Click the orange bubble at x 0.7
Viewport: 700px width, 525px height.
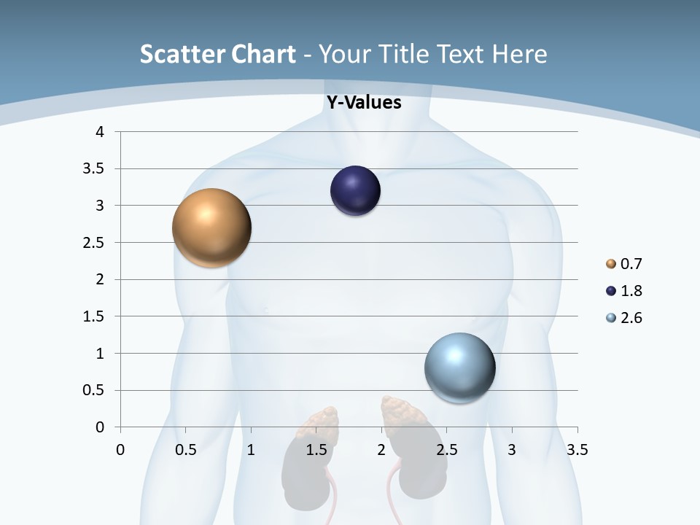pos(212,227)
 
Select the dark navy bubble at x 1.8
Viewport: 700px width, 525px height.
pos(355,191)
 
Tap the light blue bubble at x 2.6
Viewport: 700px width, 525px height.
pos(459,367)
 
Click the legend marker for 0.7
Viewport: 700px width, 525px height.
pos(611,264)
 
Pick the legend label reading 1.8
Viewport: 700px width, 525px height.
pos(631,291)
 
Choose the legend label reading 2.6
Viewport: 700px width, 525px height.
pos(631,318)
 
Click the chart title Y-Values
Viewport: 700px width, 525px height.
pos(364,103)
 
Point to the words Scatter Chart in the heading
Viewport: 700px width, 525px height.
pos(218,54)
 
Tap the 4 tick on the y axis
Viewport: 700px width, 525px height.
pos(100,132)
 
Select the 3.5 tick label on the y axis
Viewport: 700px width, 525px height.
pos(94,169)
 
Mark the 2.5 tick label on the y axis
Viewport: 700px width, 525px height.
pos(94,243)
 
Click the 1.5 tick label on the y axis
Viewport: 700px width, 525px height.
pos(94,316)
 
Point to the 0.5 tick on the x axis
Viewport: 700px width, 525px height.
pos(186,450)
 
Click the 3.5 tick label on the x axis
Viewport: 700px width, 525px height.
pos(577,450)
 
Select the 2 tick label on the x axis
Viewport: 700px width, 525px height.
pos(381,450)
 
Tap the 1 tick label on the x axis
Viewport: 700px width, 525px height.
pos(251,450)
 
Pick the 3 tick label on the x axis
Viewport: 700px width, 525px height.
pos(512,450)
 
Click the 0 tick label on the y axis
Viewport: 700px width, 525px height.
pos(100,427)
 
